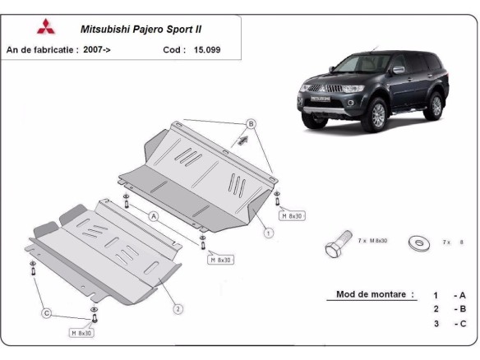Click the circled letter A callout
tap(153, 216)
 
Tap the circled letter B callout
tap(252, 125)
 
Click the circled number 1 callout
tap(268, 233)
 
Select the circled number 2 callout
tap(177, 309)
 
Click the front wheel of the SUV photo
tap(377, 118)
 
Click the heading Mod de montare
tap(375, 294)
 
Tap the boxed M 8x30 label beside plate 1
tap(293, 216)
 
